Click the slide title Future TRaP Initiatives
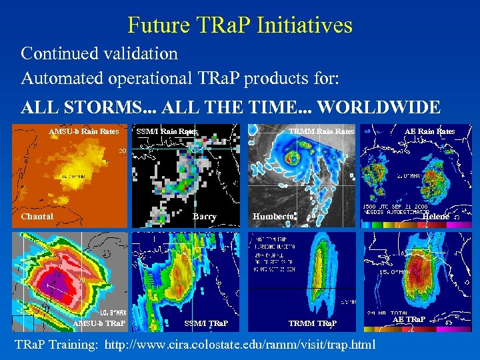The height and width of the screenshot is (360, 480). click(239, 25)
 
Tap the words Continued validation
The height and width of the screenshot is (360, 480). click(99, 53)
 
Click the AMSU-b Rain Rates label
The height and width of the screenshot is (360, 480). click(83, 131)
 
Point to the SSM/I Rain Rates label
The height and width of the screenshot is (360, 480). click(167, 131)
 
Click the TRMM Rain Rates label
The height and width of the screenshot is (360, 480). click(321, 131)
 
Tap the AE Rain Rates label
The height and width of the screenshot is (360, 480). click(429, 131)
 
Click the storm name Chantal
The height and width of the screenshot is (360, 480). click(37, 216)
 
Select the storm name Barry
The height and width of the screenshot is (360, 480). click(205, 216)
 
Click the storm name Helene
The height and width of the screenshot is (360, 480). click(436, 216)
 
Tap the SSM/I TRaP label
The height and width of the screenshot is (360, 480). click(206, 323)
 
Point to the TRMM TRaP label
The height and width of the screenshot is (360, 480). click(313, 323)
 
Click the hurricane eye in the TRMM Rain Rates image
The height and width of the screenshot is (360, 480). click(291, 160)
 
